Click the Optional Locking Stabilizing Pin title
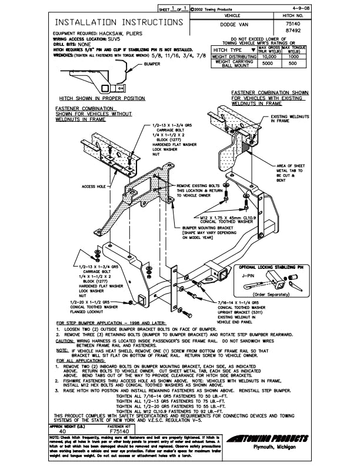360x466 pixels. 272,266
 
